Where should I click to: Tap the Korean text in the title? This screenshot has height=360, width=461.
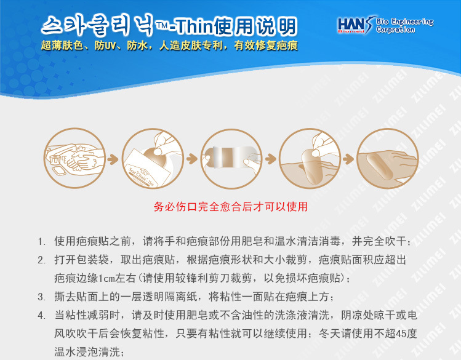tap(97, 25)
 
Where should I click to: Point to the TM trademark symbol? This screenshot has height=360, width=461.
tap(161, 25)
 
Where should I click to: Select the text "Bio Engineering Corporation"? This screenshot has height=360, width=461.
tap(405, 25)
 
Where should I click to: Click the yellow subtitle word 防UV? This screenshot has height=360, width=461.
tap(105, 46)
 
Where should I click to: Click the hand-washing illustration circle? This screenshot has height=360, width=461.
tap(74, 158)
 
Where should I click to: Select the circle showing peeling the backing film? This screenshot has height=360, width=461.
tap(231, 158)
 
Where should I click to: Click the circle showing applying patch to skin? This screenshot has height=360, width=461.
tap(310, 158)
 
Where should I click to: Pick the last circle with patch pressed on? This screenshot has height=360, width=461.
tap(388, 158)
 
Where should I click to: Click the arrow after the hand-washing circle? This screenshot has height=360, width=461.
tap(113, 159)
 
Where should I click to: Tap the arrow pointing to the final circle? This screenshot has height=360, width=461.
tap(348, 159)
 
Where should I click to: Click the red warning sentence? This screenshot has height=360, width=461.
tap(230, 207)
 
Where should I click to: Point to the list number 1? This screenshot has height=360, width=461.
tap(41, 242)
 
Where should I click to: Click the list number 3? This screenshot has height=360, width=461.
tap(41, 297)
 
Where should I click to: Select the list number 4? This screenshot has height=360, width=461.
tap(41, 316)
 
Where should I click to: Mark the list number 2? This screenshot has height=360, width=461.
tap(41, 260)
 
